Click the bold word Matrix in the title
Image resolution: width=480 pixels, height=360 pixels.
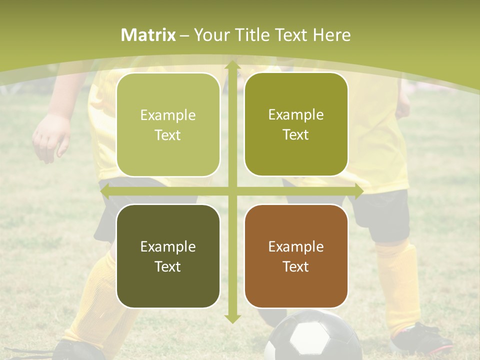pos(148,35)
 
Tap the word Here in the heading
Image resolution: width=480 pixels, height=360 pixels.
pos(331,35)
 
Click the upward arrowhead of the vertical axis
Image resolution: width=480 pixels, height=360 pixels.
pos(232,65)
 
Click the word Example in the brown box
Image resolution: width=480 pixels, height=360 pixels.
pos(296,246)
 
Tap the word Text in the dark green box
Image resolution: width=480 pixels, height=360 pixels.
pos(168,266)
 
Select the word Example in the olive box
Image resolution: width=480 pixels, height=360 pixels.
pos(296,114)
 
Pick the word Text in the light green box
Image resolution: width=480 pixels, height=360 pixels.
pos(168,135)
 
